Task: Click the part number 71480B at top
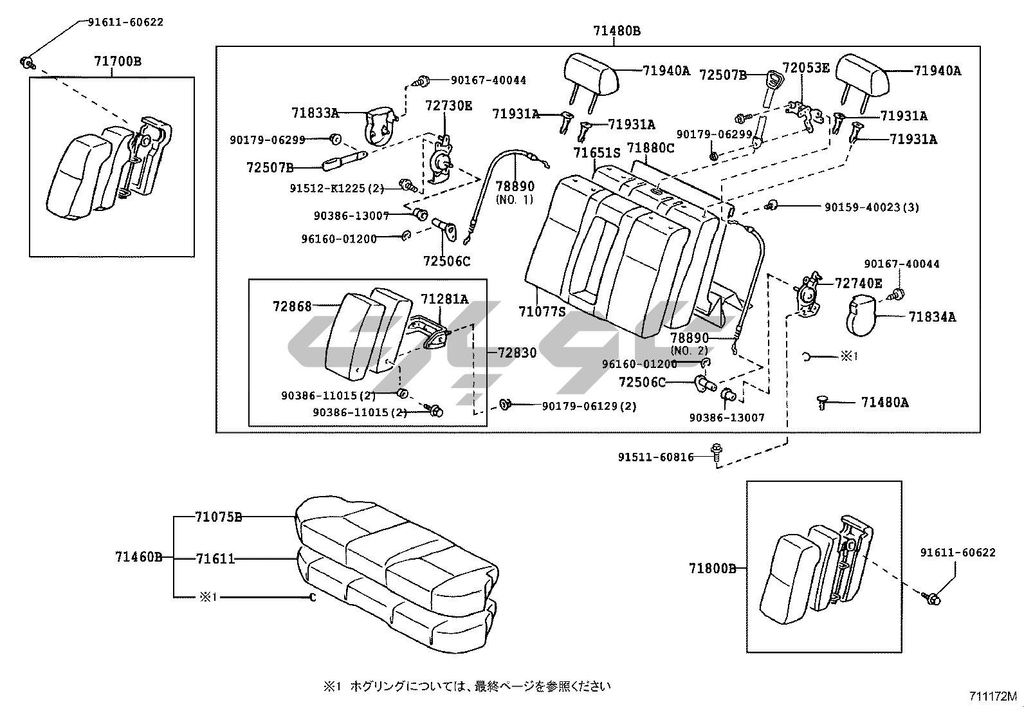pos(617,31)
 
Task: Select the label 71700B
pos(118,62)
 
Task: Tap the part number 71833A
pos(315,113)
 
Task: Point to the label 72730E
pos(448,106)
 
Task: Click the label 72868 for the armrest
pos(292,306)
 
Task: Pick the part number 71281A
pos(444,298)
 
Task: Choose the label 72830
pos(517,353)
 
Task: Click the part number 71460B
pos(138,557)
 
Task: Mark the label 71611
pos(215,559)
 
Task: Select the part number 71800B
pos(712,569)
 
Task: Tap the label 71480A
pos(885,403)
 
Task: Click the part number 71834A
pos(932,317)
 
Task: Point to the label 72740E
pos(859,283)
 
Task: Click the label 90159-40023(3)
pos(872,207)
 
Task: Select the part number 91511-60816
pos(656,457)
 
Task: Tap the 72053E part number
pos(806,68)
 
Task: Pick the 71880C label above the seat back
pos(650,149)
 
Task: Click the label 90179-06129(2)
pos(589,407)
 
